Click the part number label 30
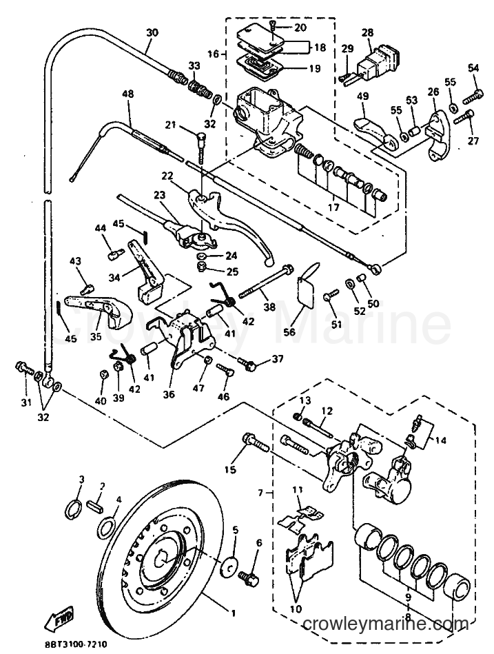pyautogui.click(x=153, y=32)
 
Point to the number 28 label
pyautogui.click(x=368, y=32)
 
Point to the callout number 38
pyautogui.click(x=269, y=307)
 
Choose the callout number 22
pyautogui.click(x=167, y=176)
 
